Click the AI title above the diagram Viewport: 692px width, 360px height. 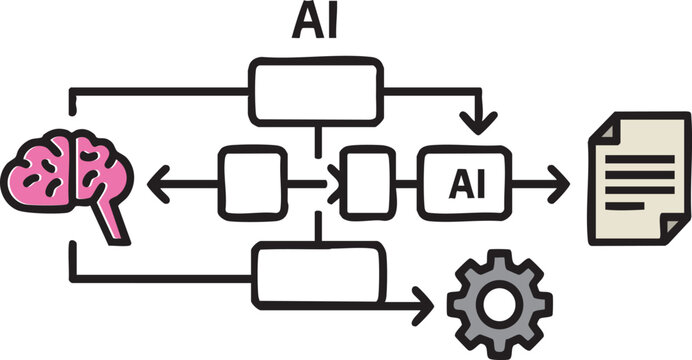pyautogui.click(x=314, y=22)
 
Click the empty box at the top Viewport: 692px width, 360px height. pyautogui.click(x=316, y=91)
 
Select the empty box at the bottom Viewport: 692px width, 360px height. pyautogui.click(x=319, y=274)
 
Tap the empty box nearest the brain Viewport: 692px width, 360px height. pyautogui.click(x=250, y=182)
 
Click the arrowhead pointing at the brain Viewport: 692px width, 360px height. pyautogui.click(x=158, y=182)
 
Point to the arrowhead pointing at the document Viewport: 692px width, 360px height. pyautogui.click(x=558, y=183)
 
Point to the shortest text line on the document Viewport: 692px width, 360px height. pyautogui.click(x=625, y=205)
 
